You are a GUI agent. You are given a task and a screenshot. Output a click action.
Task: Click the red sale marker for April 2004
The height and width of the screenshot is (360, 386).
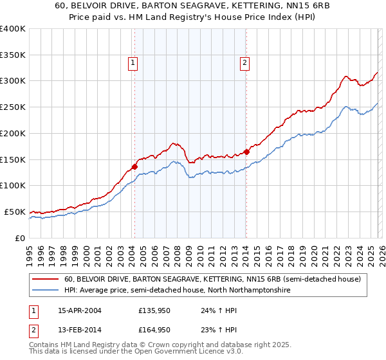point(134,166)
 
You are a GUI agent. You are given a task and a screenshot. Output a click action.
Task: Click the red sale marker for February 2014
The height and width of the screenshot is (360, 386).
point(246,152)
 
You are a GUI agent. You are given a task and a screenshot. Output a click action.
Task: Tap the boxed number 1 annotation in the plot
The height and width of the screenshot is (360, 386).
point(133,63)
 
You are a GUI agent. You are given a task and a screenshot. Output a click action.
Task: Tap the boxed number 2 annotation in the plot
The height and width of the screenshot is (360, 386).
point(245,63)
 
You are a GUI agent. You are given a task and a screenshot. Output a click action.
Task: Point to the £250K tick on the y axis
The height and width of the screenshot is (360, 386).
point(13,107)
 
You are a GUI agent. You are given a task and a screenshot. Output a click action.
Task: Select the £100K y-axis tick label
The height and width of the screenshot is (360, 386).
point(13,186)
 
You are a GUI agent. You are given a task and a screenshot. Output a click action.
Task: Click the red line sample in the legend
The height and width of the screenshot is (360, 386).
point(46,280)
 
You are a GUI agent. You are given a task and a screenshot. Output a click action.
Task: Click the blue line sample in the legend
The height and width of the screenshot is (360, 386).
point(46,291)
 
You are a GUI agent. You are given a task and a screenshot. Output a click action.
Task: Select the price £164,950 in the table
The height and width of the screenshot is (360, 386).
point(154,330)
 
